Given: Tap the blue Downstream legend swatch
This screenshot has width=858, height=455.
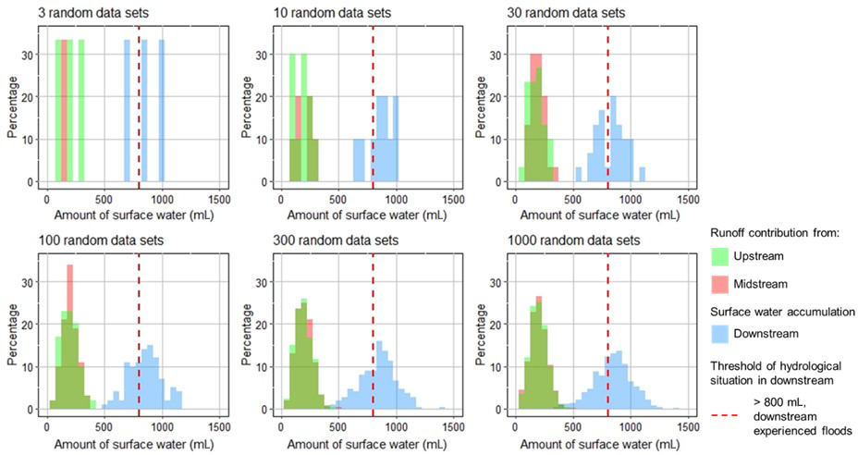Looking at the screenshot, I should coord(722,330).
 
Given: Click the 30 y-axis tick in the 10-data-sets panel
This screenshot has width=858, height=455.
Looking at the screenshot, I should coord(264,55).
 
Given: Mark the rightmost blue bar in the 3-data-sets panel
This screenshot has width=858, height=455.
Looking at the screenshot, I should coord(161,111).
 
